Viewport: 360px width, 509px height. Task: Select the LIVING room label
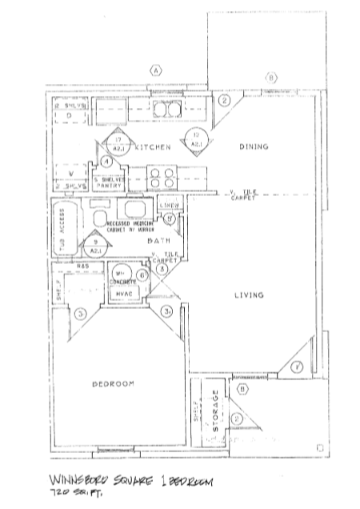click(248, 296)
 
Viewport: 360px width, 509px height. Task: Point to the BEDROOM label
click(111, 384)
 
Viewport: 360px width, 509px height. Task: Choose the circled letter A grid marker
click(154, 71)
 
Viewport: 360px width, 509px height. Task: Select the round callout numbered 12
click(195, 140)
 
